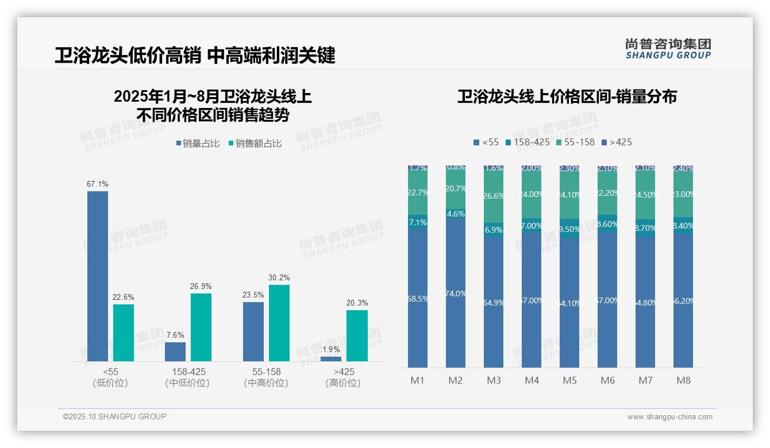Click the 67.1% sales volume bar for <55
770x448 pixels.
pos(98,276)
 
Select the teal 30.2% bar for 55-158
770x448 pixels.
pos(279,323)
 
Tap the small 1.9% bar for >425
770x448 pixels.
pos(331,358)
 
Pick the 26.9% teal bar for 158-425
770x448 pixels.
pos(201,327)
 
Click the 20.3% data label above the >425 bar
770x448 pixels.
pos(357,303)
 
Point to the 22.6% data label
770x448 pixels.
pos(124,297)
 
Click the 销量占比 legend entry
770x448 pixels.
pos(198,144)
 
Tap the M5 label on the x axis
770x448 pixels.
pos(569,380)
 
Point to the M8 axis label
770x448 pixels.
pos(683,380)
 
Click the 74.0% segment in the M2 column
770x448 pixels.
pos(456,293)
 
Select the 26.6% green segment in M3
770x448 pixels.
pos(494,196)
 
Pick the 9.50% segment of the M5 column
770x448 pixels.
pos(569,229)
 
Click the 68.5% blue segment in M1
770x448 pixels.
pos(418,299)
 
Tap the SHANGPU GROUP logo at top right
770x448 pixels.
pos(668,49)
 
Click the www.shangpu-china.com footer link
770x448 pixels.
pos(669,417)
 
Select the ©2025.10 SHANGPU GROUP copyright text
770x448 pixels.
pos(115,416)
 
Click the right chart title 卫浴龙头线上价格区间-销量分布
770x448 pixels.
pos(567,96)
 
